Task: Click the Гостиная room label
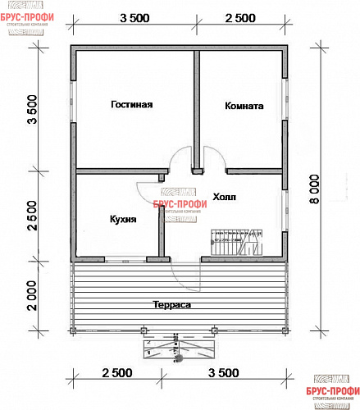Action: point(133,104)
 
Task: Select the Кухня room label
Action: point(122,219)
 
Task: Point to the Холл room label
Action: point(223,198)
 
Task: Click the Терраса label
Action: point(171,304)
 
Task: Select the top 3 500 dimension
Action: point(134,17)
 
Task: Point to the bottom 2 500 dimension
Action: point(116,373)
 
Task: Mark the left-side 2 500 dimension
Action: point(32,216)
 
